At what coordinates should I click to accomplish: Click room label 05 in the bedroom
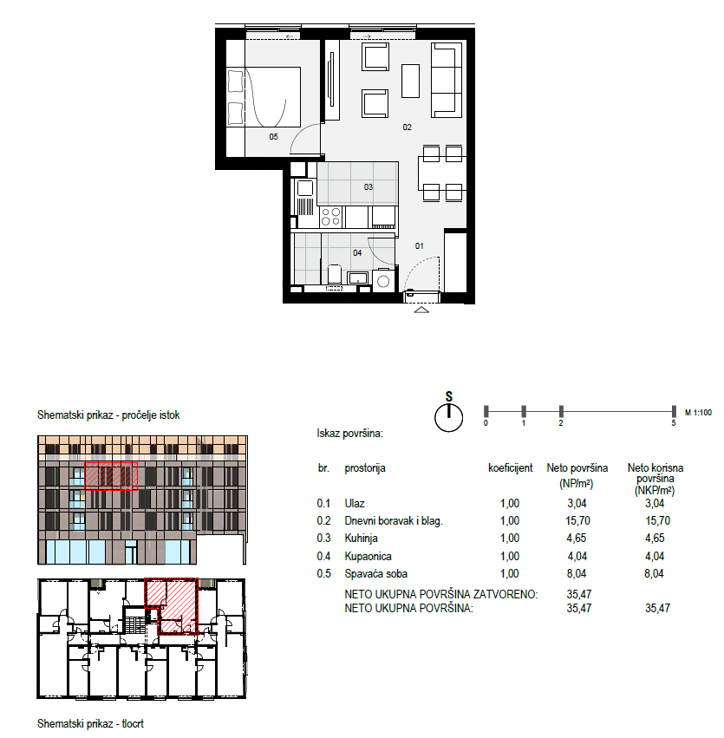click(273, 136)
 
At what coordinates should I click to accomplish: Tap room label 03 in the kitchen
click(369, 186)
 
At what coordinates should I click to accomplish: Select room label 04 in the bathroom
click(357, 252)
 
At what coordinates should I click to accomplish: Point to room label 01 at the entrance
click(419, 245)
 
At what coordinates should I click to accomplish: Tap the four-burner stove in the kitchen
click(330, 217)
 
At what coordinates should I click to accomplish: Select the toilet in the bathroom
click(334, 275)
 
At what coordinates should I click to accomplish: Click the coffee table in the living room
click(410, 81)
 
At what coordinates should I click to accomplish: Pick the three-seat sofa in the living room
click(446, 80)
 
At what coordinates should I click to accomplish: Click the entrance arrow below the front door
click(421, 310)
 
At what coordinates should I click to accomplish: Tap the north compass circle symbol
click(449, 417)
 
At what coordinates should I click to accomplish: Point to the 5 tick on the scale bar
click(674, 411)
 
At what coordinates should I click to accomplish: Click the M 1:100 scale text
click(698, 412)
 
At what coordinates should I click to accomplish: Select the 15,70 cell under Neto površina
click(577, 520)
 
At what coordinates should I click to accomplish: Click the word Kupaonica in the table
click(368, 557)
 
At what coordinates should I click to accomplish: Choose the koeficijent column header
click(511, 467)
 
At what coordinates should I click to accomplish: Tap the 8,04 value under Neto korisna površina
click(655, 574)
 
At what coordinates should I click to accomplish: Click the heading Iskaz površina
click(350, 434)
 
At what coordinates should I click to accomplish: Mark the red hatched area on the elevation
click(111, 476)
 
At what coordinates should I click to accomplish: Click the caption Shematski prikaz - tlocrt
click(90, 723)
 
